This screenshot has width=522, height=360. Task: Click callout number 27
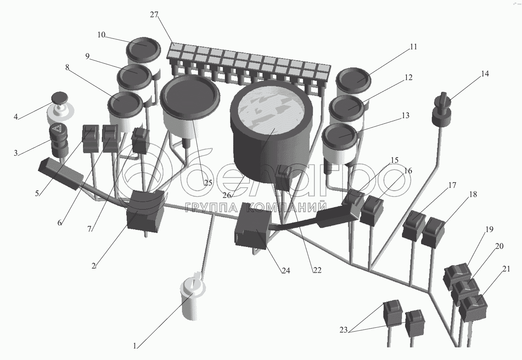[x=154, y=15]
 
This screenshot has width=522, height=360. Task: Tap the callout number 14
[x=485, y=74]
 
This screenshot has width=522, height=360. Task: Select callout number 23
[x=343, y=330]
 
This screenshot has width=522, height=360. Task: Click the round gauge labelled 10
[x=143, y=49]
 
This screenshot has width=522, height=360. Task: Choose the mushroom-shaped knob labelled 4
[x=60, y=98]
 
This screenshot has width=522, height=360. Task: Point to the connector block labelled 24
[x=253, y=227]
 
